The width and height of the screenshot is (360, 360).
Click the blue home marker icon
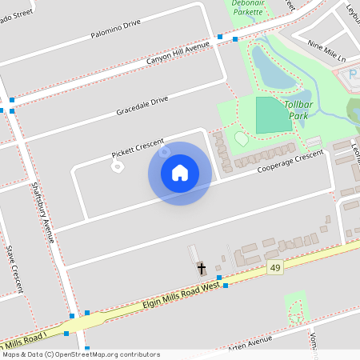pyautogui.click(x=180, y=173)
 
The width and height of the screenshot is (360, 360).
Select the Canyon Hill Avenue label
pyautogui.click(x=177, y=54)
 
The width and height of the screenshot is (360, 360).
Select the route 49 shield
pyautogui.click(x=276, y=267)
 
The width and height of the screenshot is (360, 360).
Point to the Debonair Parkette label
pyautogui.click(x=247, y=7)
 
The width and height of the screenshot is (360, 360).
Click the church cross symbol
pyautogui.click(x=201, y=268)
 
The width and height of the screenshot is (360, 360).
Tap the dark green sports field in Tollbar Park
pyautogui.click(x=274, y=115)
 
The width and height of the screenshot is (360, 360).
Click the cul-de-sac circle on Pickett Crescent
pyautogui.click(x=117, y=166)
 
